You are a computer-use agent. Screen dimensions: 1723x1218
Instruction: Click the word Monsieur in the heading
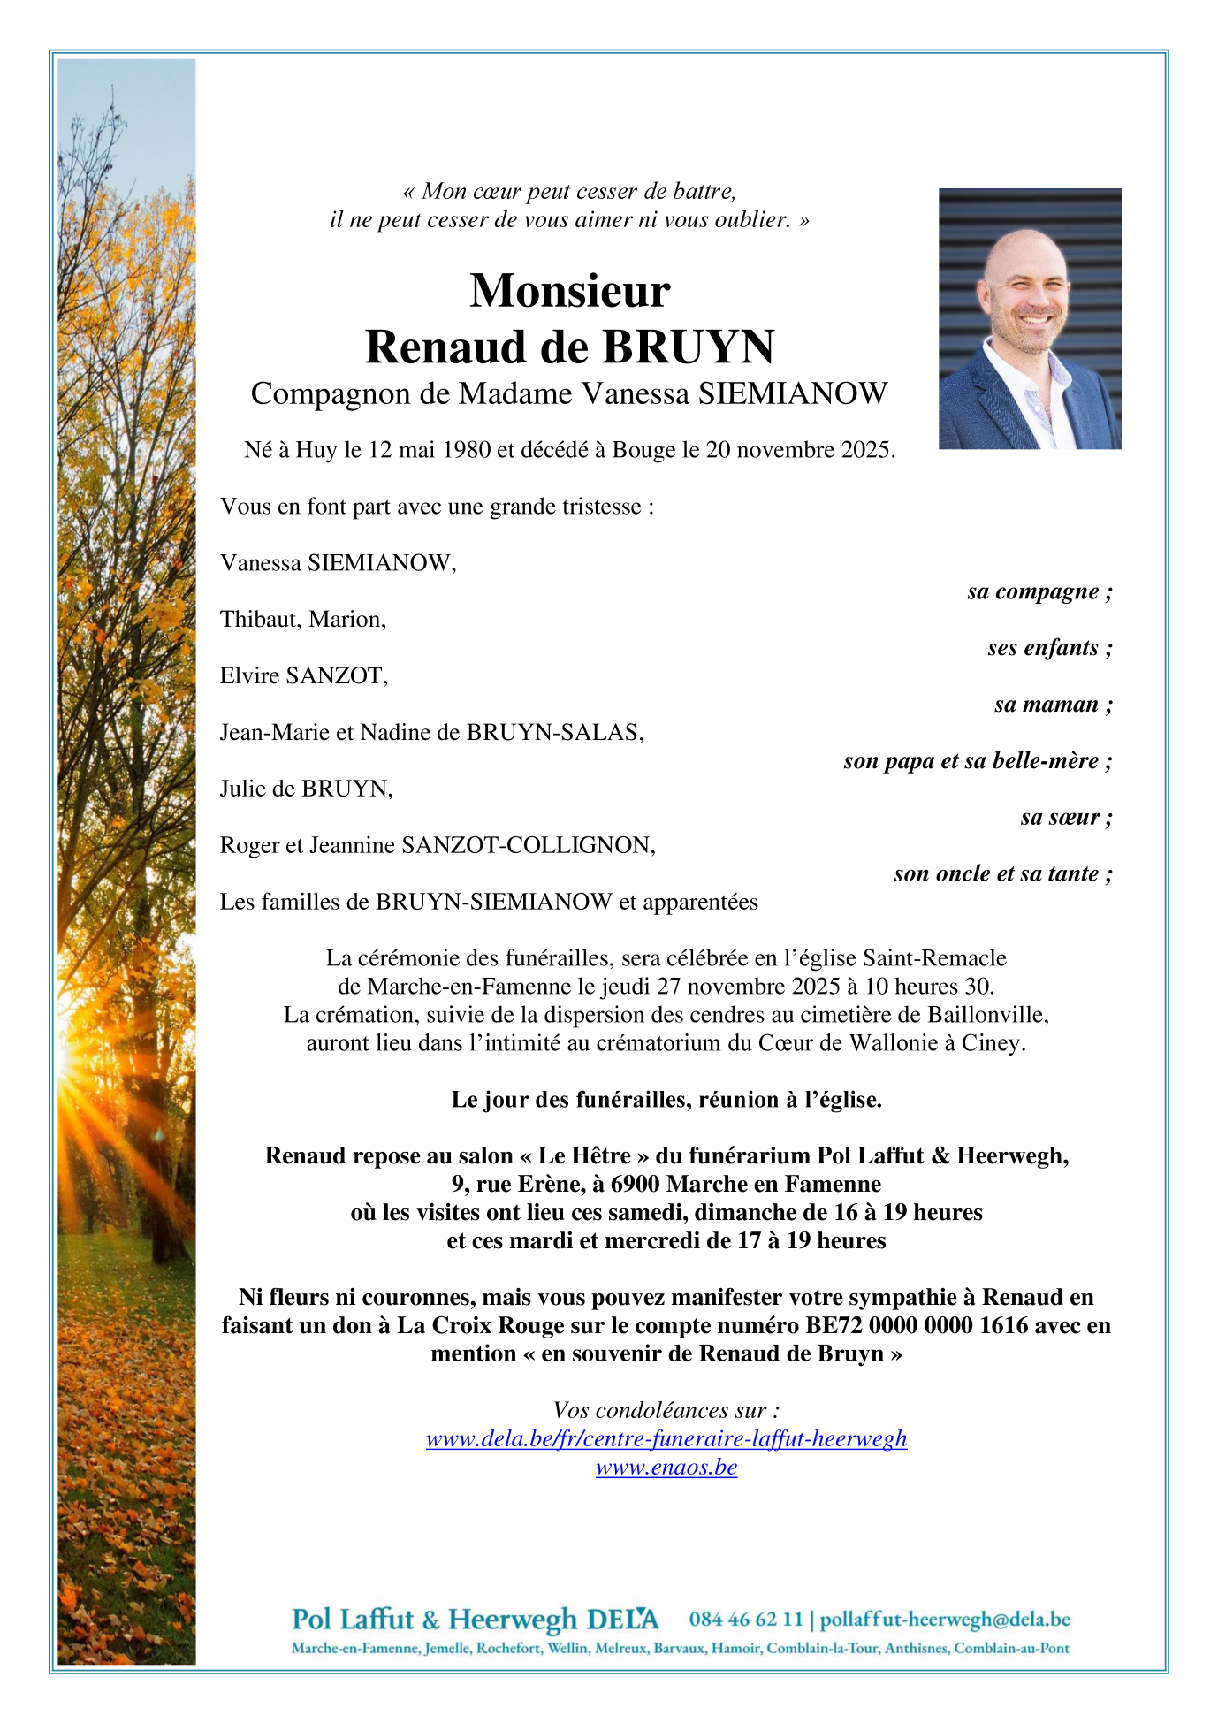(569, 291)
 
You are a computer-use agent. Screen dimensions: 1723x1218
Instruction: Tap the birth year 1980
(466, 450)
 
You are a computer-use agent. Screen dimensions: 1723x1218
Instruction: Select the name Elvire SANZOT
(303, 676)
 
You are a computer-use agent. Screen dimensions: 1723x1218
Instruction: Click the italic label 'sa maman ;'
(1052, 705)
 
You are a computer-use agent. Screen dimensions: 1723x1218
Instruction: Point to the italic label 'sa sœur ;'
(1065, 818)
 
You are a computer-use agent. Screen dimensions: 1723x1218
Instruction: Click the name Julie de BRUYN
(306, 789)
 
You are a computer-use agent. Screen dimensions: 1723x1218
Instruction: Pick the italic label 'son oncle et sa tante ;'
(1002, 874)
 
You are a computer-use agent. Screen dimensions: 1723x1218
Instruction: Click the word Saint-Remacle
(934, 958)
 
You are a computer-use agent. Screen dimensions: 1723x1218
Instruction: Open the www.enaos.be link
(666, 1468)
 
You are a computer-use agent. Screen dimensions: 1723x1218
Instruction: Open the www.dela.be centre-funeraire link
(666, 1439)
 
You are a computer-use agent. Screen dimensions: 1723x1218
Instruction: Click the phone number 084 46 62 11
(746, 1620)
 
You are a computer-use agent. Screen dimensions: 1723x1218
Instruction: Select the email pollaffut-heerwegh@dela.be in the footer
(945, 1620)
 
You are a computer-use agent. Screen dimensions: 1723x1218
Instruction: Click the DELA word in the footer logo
(622, 1620)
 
